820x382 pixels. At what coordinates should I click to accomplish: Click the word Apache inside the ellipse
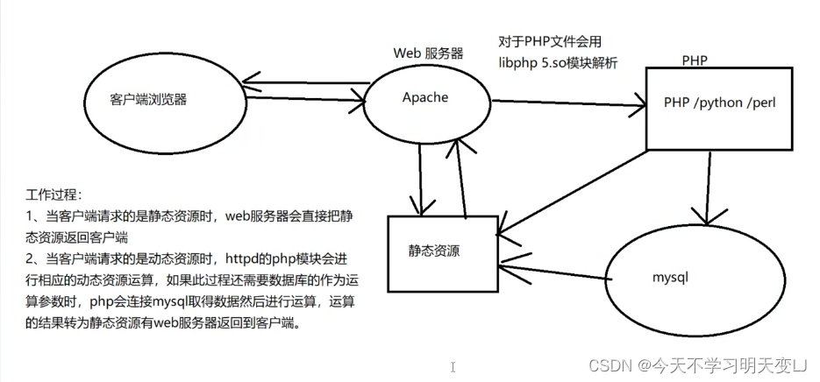click(x=425, y=97)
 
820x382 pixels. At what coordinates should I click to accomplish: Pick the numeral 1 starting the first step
click(x=30, y=216)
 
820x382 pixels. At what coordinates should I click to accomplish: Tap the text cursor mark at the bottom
click(x=453, y=366)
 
